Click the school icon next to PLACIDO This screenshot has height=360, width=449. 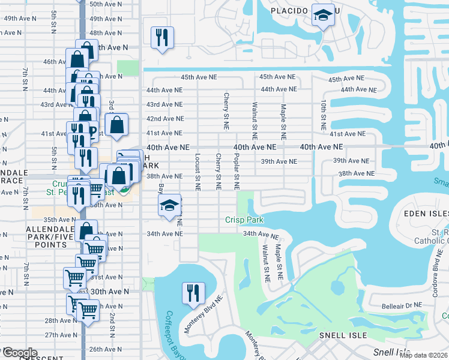323,16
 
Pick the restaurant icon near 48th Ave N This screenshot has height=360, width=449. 161,37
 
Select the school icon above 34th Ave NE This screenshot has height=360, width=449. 170,205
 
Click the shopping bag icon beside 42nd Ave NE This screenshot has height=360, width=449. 118,124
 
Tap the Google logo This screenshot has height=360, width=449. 20,353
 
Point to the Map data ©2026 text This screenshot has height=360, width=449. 423,355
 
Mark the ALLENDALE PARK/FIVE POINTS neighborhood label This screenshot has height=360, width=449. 46,237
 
